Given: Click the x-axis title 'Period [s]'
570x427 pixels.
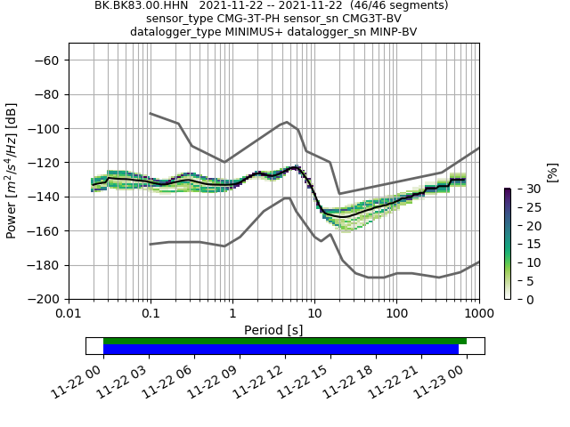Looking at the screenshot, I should coord(273,329).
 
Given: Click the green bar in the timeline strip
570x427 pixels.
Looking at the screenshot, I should coord(285,341).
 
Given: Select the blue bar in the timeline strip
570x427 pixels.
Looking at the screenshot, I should coord(281,349).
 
